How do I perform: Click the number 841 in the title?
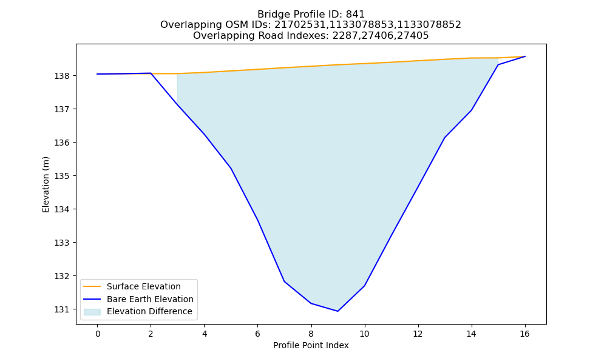[355, 15]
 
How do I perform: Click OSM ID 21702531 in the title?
[300, 25]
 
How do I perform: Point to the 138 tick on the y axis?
[62, 76]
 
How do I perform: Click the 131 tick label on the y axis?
[62, 309]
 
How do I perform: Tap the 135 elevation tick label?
[62, 176]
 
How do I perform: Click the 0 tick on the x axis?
[98, 334]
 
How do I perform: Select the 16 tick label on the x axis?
[524, 334]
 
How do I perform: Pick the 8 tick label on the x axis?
[311, 334]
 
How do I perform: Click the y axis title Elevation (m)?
[46, 184]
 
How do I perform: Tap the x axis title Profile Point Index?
[311, 345]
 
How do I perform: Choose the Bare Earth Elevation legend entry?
[138, 299]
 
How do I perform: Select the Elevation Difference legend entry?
[138, 311]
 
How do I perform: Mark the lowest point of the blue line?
[338, 311]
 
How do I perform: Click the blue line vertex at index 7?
[285, 281]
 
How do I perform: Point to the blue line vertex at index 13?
[445, 137]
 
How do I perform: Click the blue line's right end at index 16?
[525, 56]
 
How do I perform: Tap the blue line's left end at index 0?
[98, 74]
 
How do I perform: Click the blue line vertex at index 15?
[498, 64]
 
